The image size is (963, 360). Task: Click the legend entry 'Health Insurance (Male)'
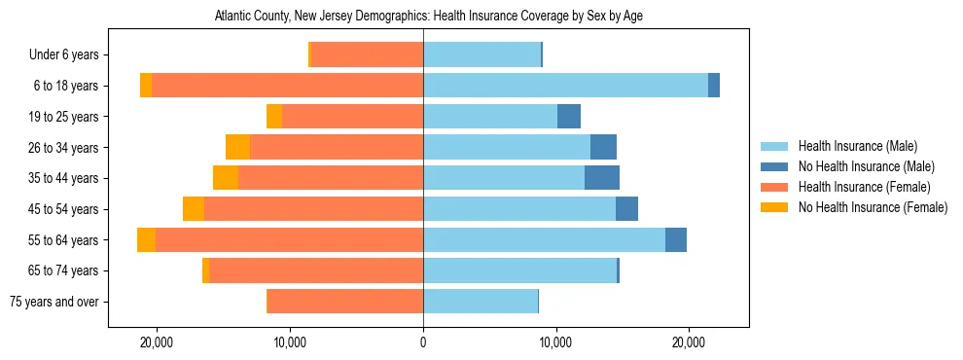(857, 146)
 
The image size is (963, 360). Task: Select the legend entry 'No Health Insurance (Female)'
(873, 207)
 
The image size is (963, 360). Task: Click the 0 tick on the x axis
(423, 343)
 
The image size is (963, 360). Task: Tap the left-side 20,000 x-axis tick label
(157, 343)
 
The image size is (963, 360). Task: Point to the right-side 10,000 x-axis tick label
(555, 343)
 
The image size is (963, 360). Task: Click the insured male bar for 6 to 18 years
(565, 86)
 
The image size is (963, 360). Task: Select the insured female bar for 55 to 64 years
(289, 239)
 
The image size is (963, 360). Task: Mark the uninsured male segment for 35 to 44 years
(602, 178)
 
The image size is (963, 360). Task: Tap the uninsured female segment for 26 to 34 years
(237, 147)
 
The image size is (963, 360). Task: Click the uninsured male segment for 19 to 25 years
(569, 117)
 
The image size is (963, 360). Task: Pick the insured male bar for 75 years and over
(481, 302)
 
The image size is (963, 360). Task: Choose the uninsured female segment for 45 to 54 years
(194, 209)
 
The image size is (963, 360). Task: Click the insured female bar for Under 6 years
(367, 55)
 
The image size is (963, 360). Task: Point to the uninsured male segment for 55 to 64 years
(676, 239)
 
